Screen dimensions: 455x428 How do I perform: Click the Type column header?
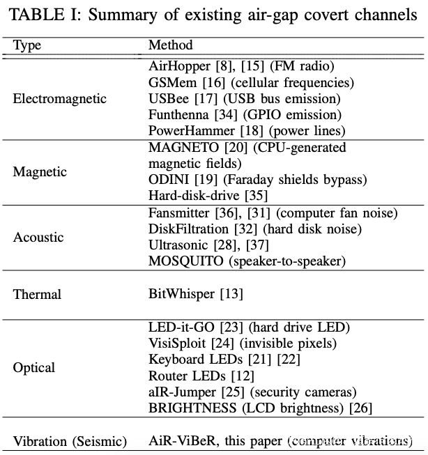[27, 45]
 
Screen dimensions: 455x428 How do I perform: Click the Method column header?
[170, 45]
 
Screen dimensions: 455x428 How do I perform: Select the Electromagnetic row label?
[60, 98]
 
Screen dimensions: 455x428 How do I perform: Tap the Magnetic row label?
[40, 171]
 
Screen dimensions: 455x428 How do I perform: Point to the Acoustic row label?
[38, 237]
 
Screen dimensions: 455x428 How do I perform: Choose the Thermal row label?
[37, 294]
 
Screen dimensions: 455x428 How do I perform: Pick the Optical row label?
[34, 367]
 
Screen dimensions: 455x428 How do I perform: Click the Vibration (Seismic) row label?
[70, 441]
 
